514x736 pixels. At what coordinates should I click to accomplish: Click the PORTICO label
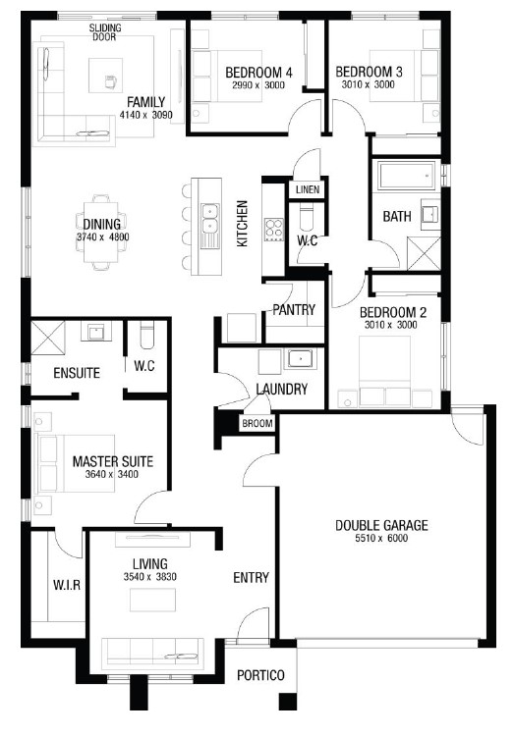click(x=260, y=675)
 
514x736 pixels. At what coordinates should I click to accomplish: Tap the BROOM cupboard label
click(x=257, y=423)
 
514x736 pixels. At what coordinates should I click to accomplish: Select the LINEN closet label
click(x=308, y=189)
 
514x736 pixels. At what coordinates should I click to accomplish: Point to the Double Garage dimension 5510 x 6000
click(x=381, y=539)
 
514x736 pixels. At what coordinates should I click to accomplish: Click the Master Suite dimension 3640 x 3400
click(x=112, y=474)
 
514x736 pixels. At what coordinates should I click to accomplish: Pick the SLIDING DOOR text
click(x=105, y=32)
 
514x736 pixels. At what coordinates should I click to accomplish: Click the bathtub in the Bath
click(x=406, y=176)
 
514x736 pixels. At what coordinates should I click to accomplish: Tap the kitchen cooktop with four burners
click(x=273, y=230)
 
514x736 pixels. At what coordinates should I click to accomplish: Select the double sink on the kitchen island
click(x=209, y=219)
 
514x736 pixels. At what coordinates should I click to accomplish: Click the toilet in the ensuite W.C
click(x=146, y=335)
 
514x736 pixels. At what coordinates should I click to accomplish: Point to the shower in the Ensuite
click(x=47, y=338)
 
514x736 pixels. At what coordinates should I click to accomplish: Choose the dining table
click(x=101, y=232)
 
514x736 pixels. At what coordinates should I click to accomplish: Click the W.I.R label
click(x=66, y=585)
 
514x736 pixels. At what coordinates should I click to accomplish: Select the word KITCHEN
click(x=242, y=224)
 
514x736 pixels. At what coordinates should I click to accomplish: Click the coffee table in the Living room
click(x=153, y=600)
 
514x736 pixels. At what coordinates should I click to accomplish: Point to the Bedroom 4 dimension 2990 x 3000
click(x=258, y=85)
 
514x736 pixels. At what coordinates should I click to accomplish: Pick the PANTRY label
click(x=294, y=309)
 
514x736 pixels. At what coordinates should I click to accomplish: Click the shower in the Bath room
click(x=424, y=253)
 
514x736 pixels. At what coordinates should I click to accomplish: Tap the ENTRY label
click(x=252, y=577)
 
